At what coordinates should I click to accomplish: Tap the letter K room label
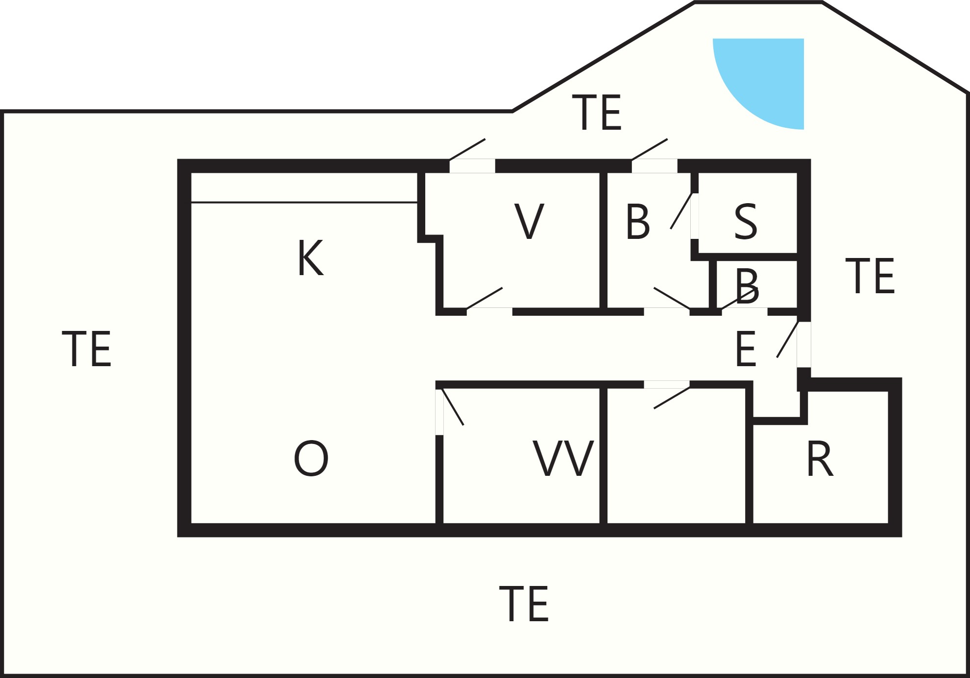pyautogui.click(x=311, y=258)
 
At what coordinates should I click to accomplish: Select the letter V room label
pyautogui.click(x=529, y=221)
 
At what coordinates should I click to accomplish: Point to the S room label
pyautogui.click(x=746, y=222)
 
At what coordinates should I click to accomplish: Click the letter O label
pyautogui.click(x=311, y=458)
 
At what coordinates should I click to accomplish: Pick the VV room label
pyautogui.click(x=563, y=458)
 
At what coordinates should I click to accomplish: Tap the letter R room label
pyautogui.click(x=820, y=459)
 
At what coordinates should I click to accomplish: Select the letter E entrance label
pyautogui.click(x=746, y=349)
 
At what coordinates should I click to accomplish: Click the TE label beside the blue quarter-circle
pyautogui.click(x=597, y=113)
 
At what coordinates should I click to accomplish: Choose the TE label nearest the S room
pyautogui.click(x=870, y=276)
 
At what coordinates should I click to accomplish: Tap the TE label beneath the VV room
pyautogui.click(x=524, y=604)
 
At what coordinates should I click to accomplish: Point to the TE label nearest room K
pyautogui.click(x=87, y=349)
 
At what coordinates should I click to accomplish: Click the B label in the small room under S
pyautogui.click(x=747, y=286)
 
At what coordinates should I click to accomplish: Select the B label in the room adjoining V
pyautogui.click(x=638, y=222)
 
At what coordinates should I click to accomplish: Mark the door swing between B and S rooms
pyautogui.click(x=681, y=211)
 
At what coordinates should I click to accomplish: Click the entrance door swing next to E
pyautogui.click(x=788, y=339)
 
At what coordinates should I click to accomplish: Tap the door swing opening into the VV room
pyautogui.click(x=453, y=407)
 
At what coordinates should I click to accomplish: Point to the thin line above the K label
pyautogui.click(x=304, y=202)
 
